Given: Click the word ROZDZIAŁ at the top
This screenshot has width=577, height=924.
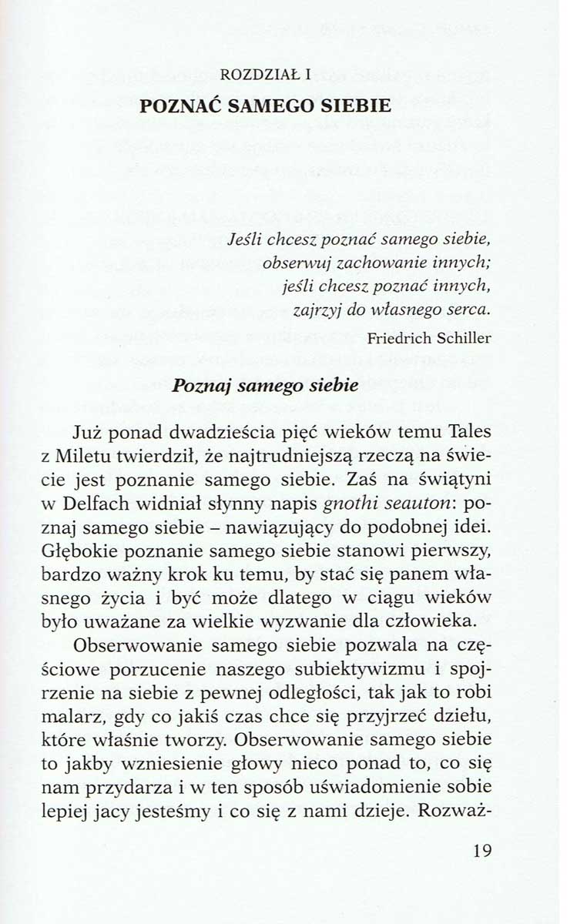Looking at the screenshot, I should click(256, 76).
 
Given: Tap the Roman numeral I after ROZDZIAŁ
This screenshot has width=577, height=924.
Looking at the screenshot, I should click(307, 76).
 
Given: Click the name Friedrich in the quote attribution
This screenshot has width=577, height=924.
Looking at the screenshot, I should click(401, 337).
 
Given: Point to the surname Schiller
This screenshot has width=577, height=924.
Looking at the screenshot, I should click(464, 337).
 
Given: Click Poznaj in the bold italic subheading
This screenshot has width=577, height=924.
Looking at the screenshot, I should click(203, 387).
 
